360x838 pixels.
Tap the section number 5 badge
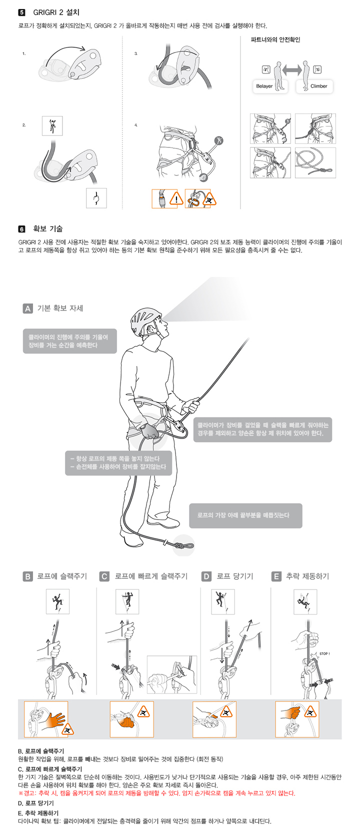21,12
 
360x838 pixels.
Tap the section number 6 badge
21,229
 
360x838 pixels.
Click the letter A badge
27,308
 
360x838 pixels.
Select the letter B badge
27,576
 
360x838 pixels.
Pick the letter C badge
105,576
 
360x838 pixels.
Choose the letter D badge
206,576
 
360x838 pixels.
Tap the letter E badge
276,576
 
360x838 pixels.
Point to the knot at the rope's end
180,545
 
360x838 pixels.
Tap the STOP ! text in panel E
324,654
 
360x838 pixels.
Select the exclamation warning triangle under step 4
176,198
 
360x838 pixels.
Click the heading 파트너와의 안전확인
275,39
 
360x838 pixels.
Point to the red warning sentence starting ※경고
157,793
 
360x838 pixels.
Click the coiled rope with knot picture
315,162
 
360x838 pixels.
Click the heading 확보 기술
48,229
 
